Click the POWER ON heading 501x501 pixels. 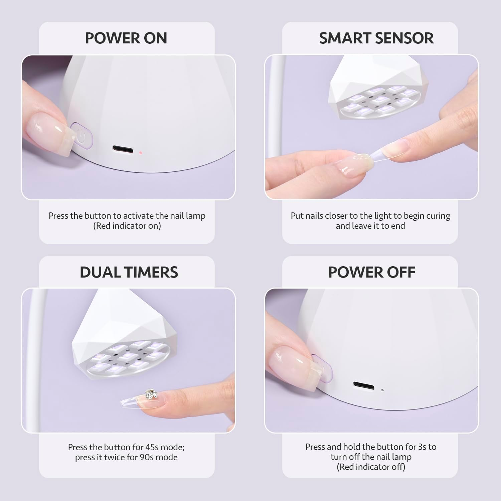point(126,38)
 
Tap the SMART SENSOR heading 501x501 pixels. point(376,38)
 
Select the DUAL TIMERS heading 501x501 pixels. point(129,272)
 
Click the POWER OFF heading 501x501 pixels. point(371,272)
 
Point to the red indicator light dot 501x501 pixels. point(141,153)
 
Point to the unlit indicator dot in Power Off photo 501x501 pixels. point(382,390)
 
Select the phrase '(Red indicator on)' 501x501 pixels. point(127,226)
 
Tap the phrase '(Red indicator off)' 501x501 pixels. point(371,467)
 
